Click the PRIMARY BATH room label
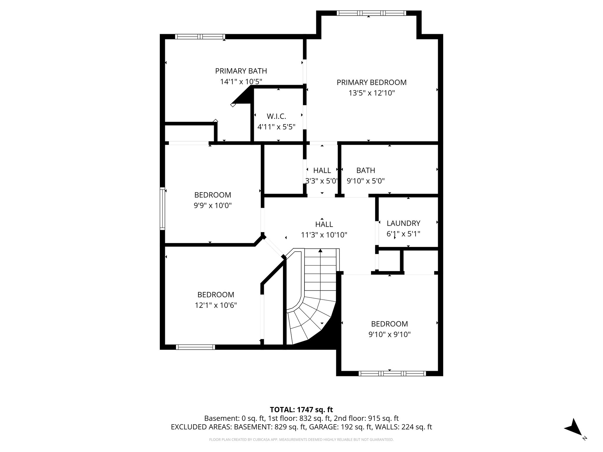(x=241, y=71)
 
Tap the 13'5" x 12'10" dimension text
(x=372, y=93)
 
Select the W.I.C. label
(x=276, y=116)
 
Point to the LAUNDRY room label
(x=403, y=223)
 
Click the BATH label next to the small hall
(x=365, y=170)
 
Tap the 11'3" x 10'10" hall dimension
(x=324, y=235)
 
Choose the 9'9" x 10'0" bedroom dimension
(x=213, y=205)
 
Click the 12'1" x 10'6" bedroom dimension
(x=216, y=305)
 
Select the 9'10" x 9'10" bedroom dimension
(x=389, y=334)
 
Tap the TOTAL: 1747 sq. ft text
(x=301, y=410)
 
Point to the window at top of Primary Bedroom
(x=371, y=13)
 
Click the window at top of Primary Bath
(x=200, y=37)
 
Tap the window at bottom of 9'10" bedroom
(x=392, y=373)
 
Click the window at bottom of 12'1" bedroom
(x=196, y=347)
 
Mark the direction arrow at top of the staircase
(x=320, y=251)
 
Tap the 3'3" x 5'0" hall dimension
(x=322, y=181)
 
